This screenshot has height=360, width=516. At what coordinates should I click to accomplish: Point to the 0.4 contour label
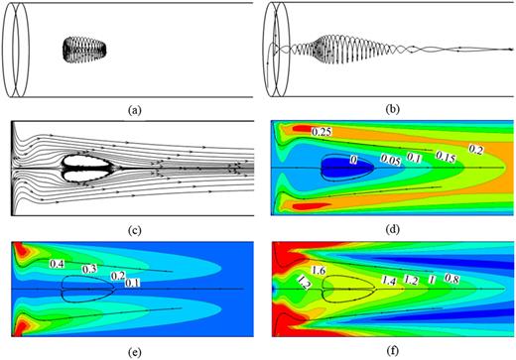click(x=58, y=264)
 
